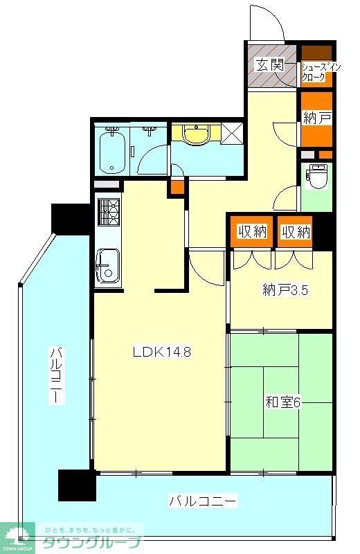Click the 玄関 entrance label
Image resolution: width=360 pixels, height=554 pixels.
pyautogui.click(x=269, y=65)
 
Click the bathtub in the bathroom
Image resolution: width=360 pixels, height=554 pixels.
pyautogui.click(x=111, y=152)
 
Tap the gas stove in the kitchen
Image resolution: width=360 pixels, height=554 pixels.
pyautogui.click(x=108, y=212)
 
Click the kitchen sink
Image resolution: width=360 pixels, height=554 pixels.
pyautogui.click(x=108, y=266)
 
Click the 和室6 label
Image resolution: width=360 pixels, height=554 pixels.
pyautogui.click(x=282, y=402)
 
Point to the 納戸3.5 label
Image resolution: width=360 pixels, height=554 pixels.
pyautogui.click(x=285, y=290)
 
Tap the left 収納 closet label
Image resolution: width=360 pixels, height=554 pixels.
pyautogui.click(x=252, y=232)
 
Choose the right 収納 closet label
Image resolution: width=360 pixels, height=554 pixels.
pyautogui.click(x=295, y=232)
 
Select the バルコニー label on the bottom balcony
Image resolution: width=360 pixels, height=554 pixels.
pyautogui.click(x=204, y=499)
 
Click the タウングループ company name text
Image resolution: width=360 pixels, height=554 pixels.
pyautogui.click(x=92, y=542)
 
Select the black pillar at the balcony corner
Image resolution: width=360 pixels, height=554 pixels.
pyautogui.click(x=76, y=485)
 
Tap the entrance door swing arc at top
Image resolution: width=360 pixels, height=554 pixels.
pyautogui.click(x=267, y=24)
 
